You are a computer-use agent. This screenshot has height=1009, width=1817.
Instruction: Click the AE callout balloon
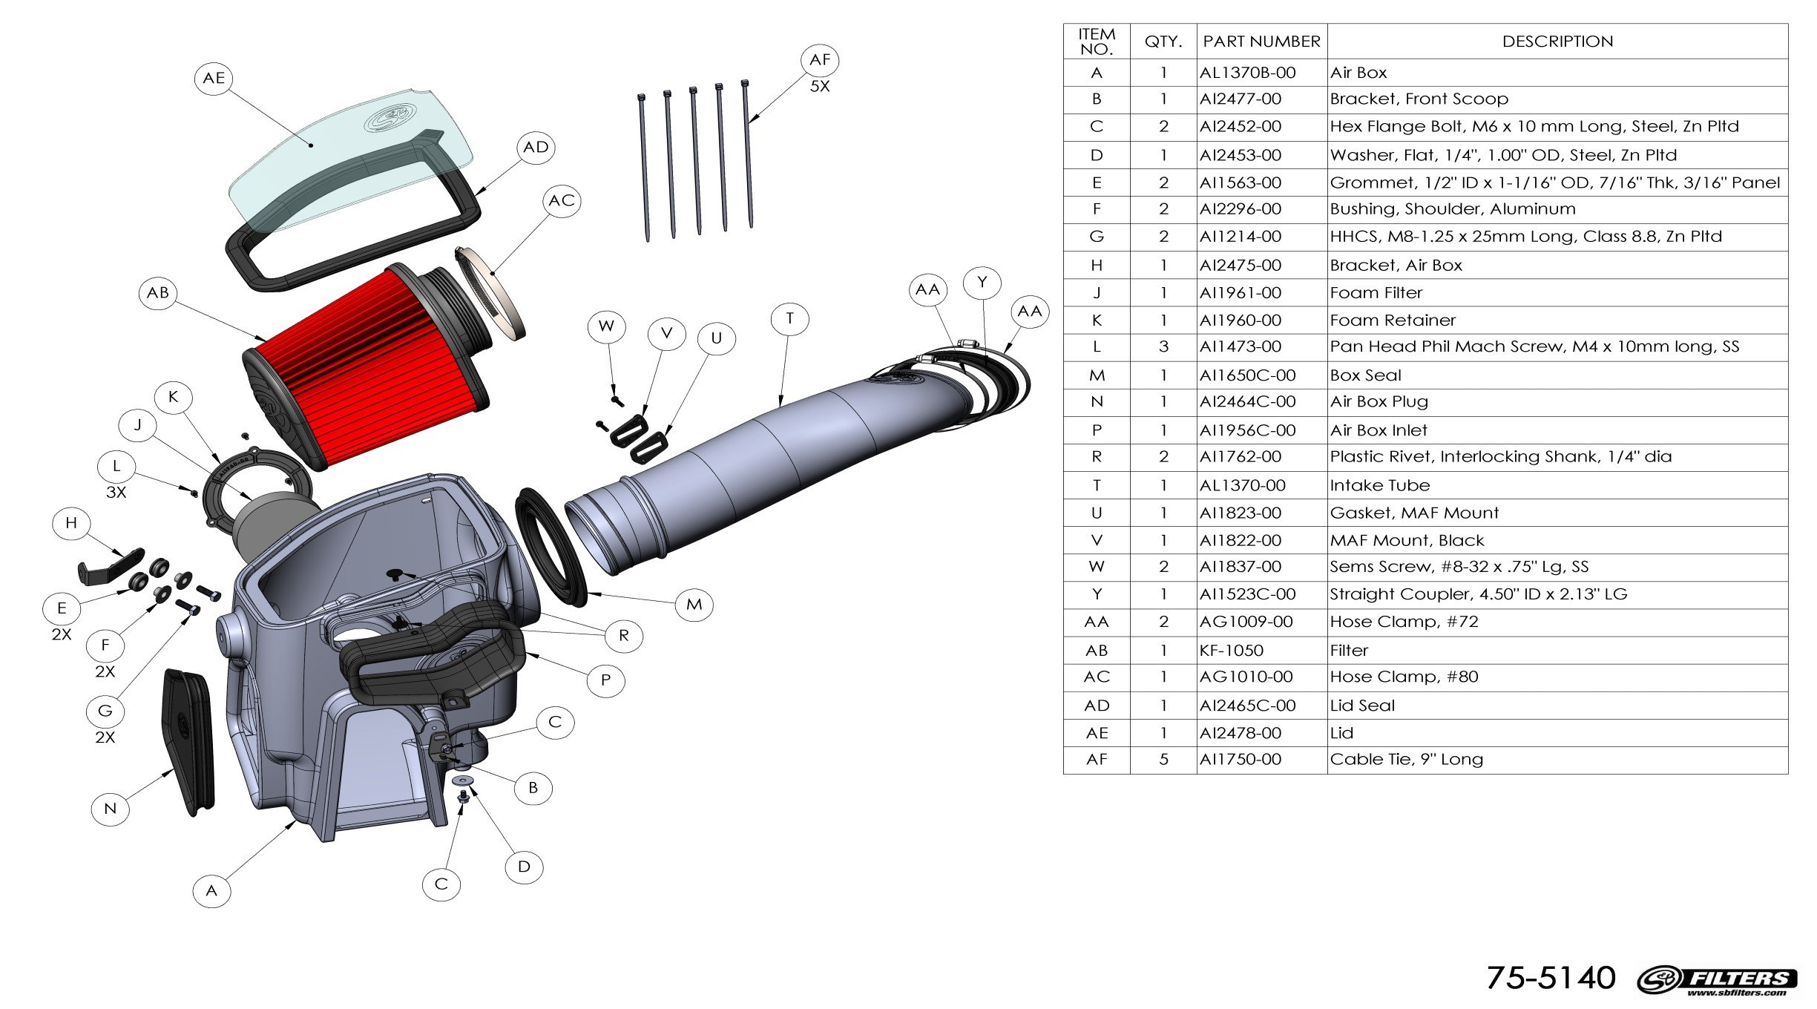coord(214,79)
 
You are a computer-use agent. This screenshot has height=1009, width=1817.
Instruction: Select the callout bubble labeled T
coord(789,319)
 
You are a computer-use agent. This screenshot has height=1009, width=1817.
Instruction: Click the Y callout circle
coord(982,283)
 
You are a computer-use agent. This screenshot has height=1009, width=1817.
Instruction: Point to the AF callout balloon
coord(820,60)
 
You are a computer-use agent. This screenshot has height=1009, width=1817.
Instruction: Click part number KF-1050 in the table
coord(1232,651)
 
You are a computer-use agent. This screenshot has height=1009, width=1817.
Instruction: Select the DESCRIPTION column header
coord(1557,42)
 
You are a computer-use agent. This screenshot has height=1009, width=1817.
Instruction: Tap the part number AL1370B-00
coord(1247,73)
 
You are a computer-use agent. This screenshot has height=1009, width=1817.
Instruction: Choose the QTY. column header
coord(1163,42)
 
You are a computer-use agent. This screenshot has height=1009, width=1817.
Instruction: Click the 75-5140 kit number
coord(1551,978)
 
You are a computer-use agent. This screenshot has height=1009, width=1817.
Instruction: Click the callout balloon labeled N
coord(110,809)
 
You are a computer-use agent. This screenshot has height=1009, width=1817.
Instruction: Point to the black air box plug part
coord(188,742)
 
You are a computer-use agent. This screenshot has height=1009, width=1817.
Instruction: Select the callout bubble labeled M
coord(694,605)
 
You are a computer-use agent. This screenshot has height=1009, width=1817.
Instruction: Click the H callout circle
coord(71,523)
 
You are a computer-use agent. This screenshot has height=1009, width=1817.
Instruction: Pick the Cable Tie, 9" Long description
coord(1406,760)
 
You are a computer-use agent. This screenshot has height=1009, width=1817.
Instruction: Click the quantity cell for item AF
coord(1163,760)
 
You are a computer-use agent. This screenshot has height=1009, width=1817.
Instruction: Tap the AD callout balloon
coord(536,148)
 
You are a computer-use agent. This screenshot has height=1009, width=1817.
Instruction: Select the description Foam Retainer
coord(1393,321)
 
